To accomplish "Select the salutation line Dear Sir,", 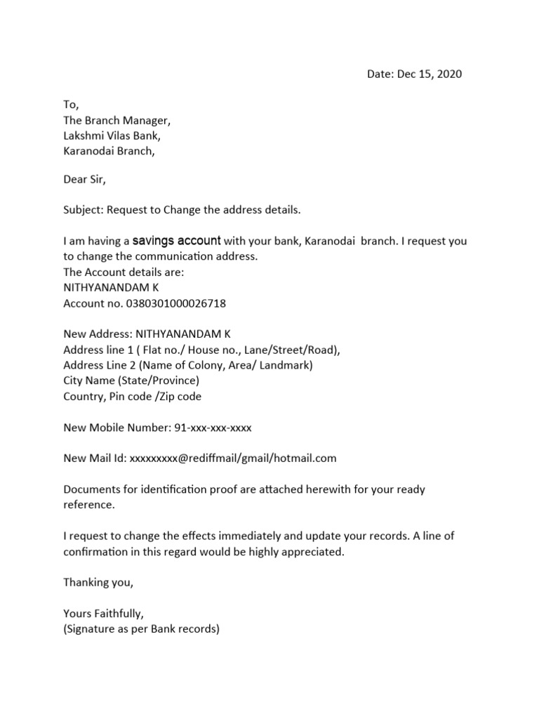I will pyautogui.click(x=84, y=180).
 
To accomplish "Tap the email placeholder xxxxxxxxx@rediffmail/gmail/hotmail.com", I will pyautogui.click(x=233, y=458).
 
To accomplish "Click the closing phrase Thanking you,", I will pyautogui.click(x=98, y=582).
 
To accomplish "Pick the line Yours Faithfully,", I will pyautogui.click(x=103, y=613).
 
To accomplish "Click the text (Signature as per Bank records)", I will pyautogui.click(x=141, y=629).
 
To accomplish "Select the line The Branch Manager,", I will pyautogui.click(x=117, y=120).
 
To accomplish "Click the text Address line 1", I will pyautogui.click(x=95, y=350).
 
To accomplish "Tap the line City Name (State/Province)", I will pyautogui.click(x=131, y=381).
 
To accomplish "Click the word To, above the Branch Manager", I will pyautogui.click(x=71, y=105).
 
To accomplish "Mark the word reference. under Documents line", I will pyautogui.click(x=88, y=505).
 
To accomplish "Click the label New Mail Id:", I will pyautogui.click(x=95, y=458).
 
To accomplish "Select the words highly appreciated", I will pyautogui.click(x=302, y=551).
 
